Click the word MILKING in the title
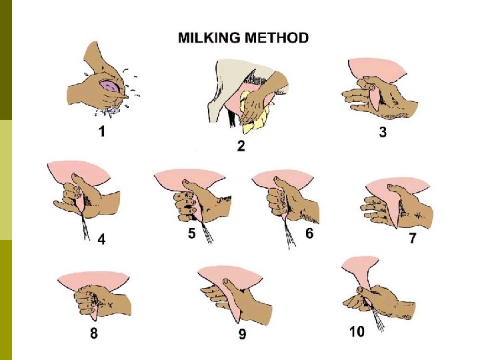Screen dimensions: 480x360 pyautogui.click(x=209, y=38)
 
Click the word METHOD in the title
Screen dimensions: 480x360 pyautogui.click(x=277, y=38)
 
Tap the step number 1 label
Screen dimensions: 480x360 pyautogui.click(x=102, y=131)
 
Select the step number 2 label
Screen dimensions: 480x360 pyautogui.click(x=241, y=146)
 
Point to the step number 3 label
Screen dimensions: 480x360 pyautogui.click(x=383, y=132)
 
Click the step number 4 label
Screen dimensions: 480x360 pyautogui.click(x=101, y=239)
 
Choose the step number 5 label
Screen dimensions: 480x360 pyautogui.click(x=191, y=233)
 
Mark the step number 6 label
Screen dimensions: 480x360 pyautogui.click(x=309, y=233)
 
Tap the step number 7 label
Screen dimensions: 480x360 pyautogui.click(x=413, y=238)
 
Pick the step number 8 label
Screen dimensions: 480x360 pyautogui.click(x=94, y=333)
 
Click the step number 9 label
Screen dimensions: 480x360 pyautogui.click(x=242, y=334)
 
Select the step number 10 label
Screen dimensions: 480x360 pyautogui.click(x=357, y=331)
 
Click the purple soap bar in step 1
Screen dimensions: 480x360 pyautogui.click(x=110, y=85)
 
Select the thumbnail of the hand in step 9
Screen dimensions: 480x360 pyautogui.click(x=226, y=281)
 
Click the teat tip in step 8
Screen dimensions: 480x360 pyautogui.click(x=94, y=319)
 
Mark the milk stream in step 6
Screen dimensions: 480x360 pyautogui.click(x=289, y=233)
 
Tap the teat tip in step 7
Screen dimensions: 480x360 pyautogui.click(x=397, y=227)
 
